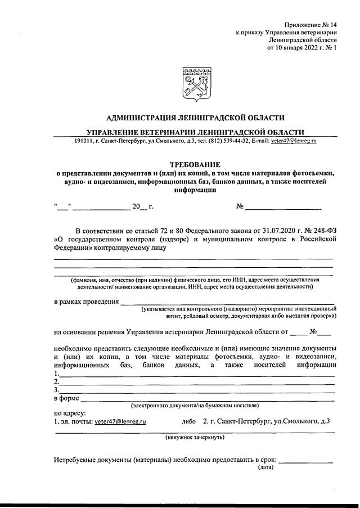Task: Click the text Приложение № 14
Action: click(310, 25)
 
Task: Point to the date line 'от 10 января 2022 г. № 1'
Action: click(301, 48)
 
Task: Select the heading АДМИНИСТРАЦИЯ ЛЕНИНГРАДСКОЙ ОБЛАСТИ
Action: click(195, 118)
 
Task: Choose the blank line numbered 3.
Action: click(197, 389)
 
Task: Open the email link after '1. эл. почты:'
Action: click(120, 421)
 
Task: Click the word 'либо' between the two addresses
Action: click(190, 421)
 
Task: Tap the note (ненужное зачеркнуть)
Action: click(195, 437)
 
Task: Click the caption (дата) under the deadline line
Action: click(265, 467)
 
